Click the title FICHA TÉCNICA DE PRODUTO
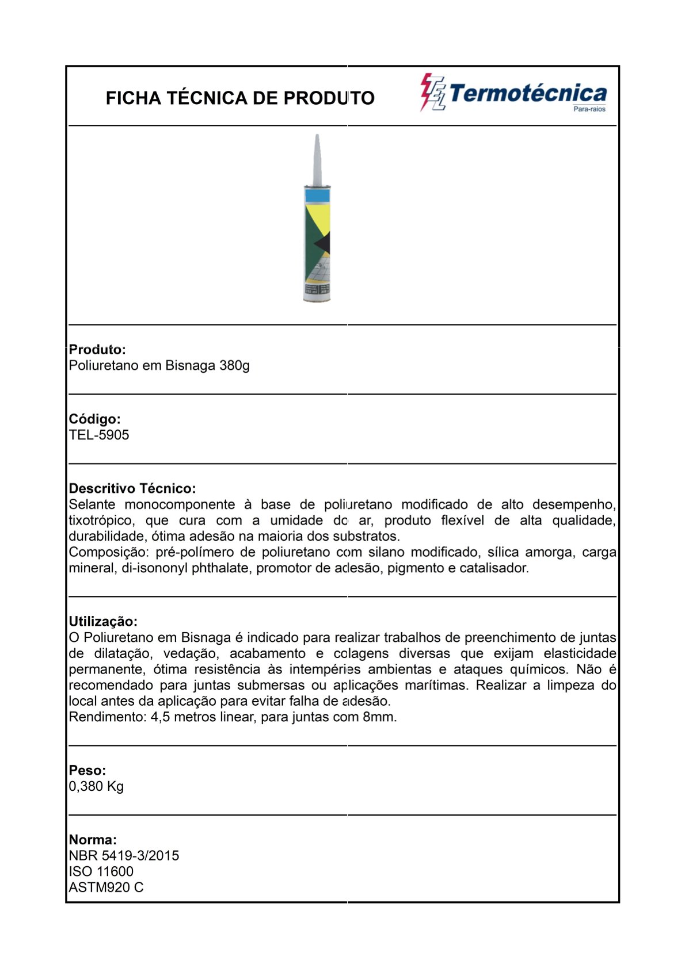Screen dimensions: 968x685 click(240, 98)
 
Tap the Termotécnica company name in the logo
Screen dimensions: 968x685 click(528, 93)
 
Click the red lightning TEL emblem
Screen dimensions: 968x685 click(432, 93)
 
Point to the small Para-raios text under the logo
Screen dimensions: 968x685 click(589, 109)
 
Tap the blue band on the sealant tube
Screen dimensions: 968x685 click(317, 196)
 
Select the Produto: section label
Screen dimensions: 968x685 click(97, 350)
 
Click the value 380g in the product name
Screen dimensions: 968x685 click(234, 366)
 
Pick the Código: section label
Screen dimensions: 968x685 click(94, 419)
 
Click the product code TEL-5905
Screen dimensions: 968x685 click(99, 435)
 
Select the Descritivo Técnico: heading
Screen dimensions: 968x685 click(132, 488)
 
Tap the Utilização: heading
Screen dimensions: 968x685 click(103, 621)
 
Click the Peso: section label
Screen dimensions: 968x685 click(87, 770)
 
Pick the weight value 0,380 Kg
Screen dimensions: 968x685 click(96, 786)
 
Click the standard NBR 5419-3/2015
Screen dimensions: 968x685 click(124, 856)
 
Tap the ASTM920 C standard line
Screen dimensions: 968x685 click(106, 887)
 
